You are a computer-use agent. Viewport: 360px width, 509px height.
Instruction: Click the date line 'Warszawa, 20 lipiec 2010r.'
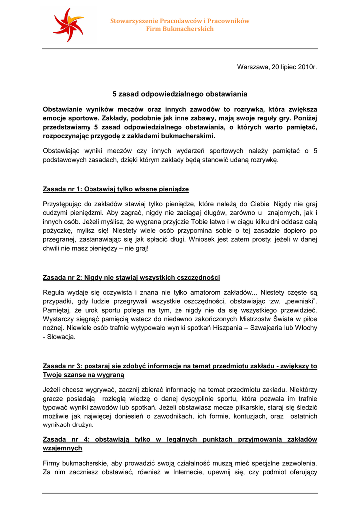pyautogui.click(x=277, y=66)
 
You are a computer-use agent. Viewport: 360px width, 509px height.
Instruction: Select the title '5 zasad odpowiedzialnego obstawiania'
pyautogui.click(x=180, y=94)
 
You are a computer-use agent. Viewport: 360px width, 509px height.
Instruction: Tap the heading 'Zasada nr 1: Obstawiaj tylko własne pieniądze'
pyautogui.click(x=116, y=189)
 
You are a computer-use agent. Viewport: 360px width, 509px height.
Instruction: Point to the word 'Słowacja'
pyautogui.click(x=61, y=337)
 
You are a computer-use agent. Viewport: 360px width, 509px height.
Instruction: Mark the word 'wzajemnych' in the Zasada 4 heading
pyautogui.click(x=63, y=448)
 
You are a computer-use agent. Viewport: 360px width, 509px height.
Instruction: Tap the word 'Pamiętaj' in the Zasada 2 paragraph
pyautogui.click(x=58, y=310)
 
